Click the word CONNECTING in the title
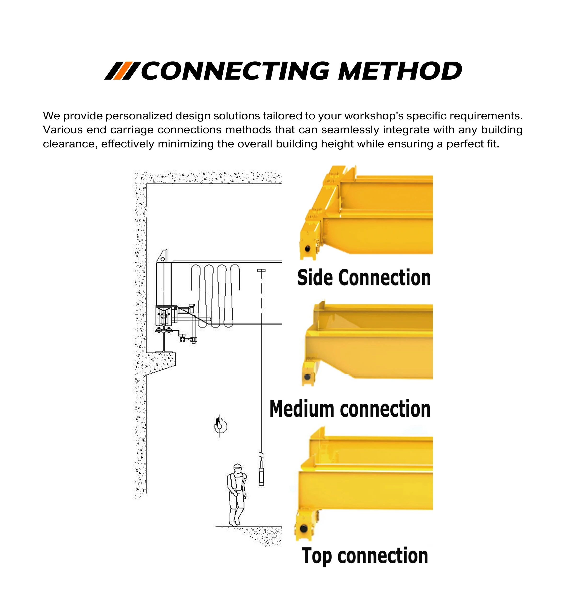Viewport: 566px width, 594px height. coord(235,71)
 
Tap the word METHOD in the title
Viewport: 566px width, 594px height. coord(400,71)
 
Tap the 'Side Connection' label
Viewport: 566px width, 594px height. coord(364,278)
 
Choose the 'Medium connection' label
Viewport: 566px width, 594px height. coord(350,409)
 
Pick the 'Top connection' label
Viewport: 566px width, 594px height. coord(365,556)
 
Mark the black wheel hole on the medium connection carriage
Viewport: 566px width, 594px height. coord(307,377)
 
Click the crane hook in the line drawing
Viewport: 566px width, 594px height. coord(220,425)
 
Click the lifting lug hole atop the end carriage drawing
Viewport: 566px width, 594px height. coord(163,259)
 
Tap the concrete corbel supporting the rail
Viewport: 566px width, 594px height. coord(160,362)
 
